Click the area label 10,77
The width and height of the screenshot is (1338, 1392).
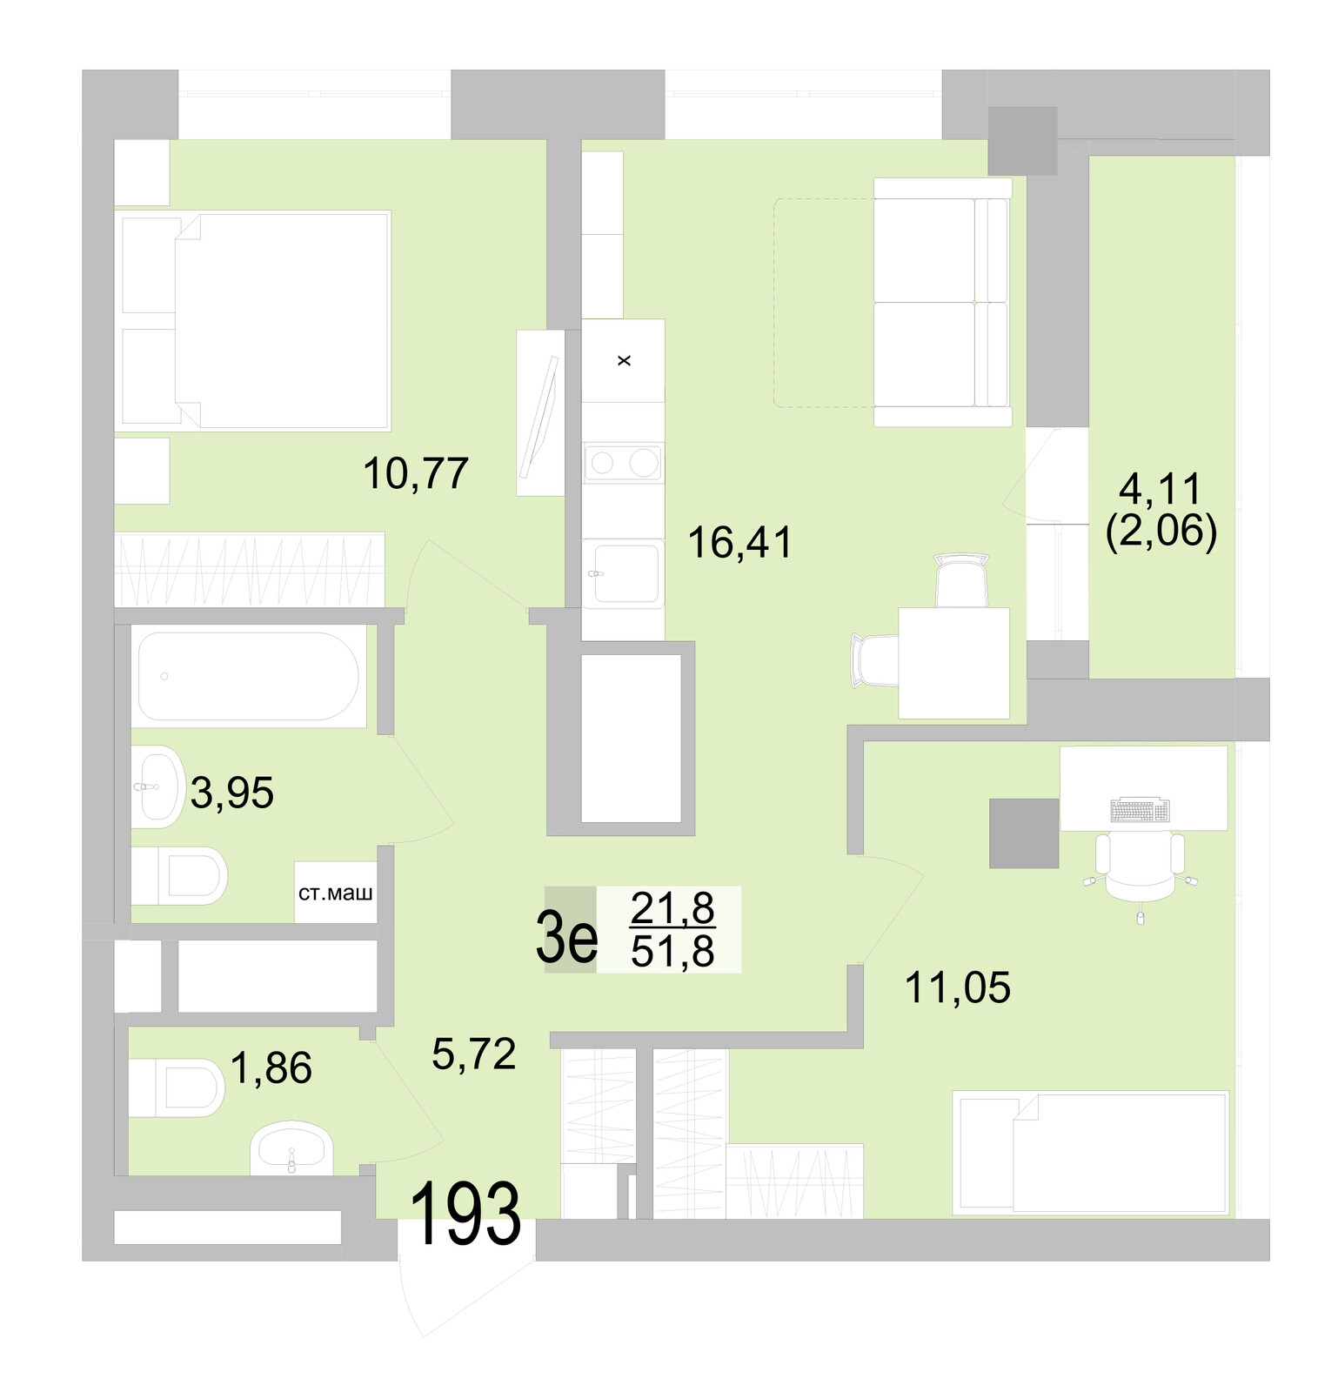click(416, 474)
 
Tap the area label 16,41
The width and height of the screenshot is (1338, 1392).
click(739, 543)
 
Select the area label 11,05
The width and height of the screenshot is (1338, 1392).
click(958, 988)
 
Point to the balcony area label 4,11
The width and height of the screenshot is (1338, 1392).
click(1160, 489)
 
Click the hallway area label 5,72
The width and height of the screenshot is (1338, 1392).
click(474, 1054)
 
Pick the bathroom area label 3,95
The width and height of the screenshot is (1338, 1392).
click(232, 793)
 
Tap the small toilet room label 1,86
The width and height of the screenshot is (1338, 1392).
click(271, 1068)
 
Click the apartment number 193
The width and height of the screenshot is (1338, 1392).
click(465, 1215)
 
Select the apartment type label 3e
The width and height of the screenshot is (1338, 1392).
click(566, 937)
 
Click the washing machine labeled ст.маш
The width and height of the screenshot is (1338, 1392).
click(336, 893)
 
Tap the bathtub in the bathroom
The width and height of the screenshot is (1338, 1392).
click(248, 676)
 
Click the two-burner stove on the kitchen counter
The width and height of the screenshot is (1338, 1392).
click(623, 463)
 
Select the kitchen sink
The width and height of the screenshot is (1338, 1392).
click(624, 573)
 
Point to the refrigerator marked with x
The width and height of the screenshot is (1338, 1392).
click(623, 360)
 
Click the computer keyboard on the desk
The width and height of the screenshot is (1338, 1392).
click(1140, 811)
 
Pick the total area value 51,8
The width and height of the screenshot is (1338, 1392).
click(672, 952)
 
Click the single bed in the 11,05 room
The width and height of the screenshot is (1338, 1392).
click(1091, 1152)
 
